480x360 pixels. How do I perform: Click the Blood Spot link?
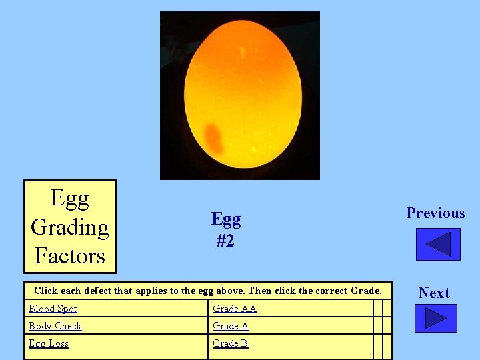pos(53,309)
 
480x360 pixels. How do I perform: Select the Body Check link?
pos(55,326)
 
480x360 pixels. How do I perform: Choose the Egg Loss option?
pos(49,343)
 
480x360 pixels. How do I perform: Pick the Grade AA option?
pos(235,309)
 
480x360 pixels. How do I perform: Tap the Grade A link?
pos(231,326)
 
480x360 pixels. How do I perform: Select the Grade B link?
pos(230,343)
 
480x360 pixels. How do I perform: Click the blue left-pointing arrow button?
pos(438,245)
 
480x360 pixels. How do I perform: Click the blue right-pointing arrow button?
pos(435,318)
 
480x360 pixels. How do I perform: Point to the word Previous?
pos(435,213)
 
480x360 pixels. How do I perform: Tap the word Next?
pos(434,293)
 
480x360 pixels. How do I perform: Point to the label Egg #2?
pos(226,229)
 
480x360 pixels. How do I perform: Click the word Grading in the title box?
pos(70,227)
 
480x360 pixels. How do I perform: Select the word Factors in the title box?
pos(70,256)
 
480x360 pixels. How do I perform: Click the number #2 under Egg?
pos(225,240)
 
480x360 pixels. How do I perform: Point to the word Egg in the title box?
pos(70,198)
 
